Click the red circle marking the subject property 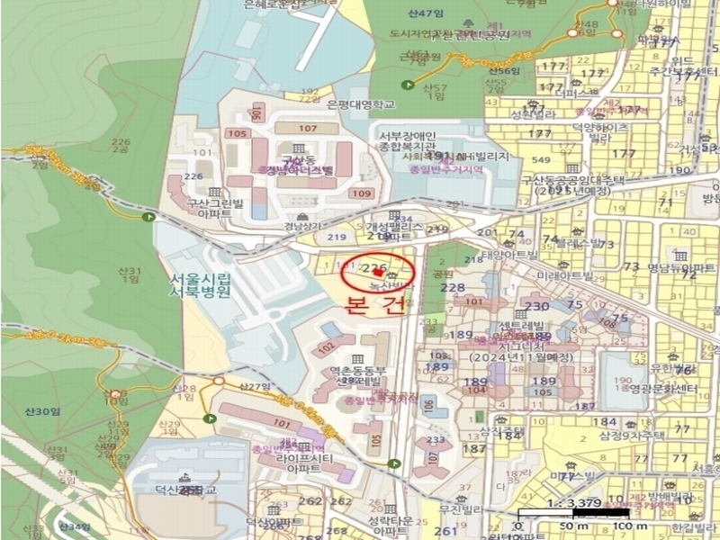pos(379,271)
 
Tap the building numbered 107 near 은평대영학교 pos(307,129)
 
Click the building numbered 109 pos(361,193)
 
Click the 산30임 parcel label pos(41,411)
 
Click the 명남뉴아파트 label pos(681,267)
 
